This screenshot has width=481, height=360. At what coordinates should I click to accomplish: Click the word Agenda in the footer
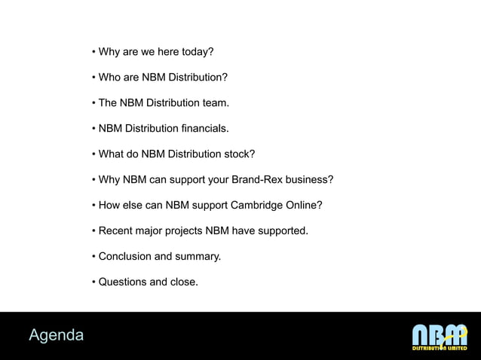click(x=57, y=334)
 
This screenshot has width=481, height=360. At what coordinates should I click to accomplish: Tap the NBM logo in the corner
click(x=440, y=337)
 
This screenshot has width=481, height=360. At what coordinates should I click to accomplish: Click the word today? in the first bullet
click(x=194, y=52)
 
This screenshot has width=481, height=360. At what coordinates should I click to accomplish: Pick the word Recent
click(x=115, y=231)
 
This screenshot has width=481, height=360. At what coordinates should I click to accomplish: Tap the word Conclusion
click(x=125, y=257)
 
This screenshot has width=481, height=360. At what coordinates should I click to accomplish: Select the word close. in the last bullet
click(x=185, y=282)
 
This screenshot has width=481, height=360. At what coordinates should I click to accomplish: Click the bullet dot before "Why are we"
click(x=93, y=52)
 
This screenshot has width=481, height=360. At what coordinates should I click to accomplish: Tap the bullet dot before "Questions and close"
click(x=93, y=282)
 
